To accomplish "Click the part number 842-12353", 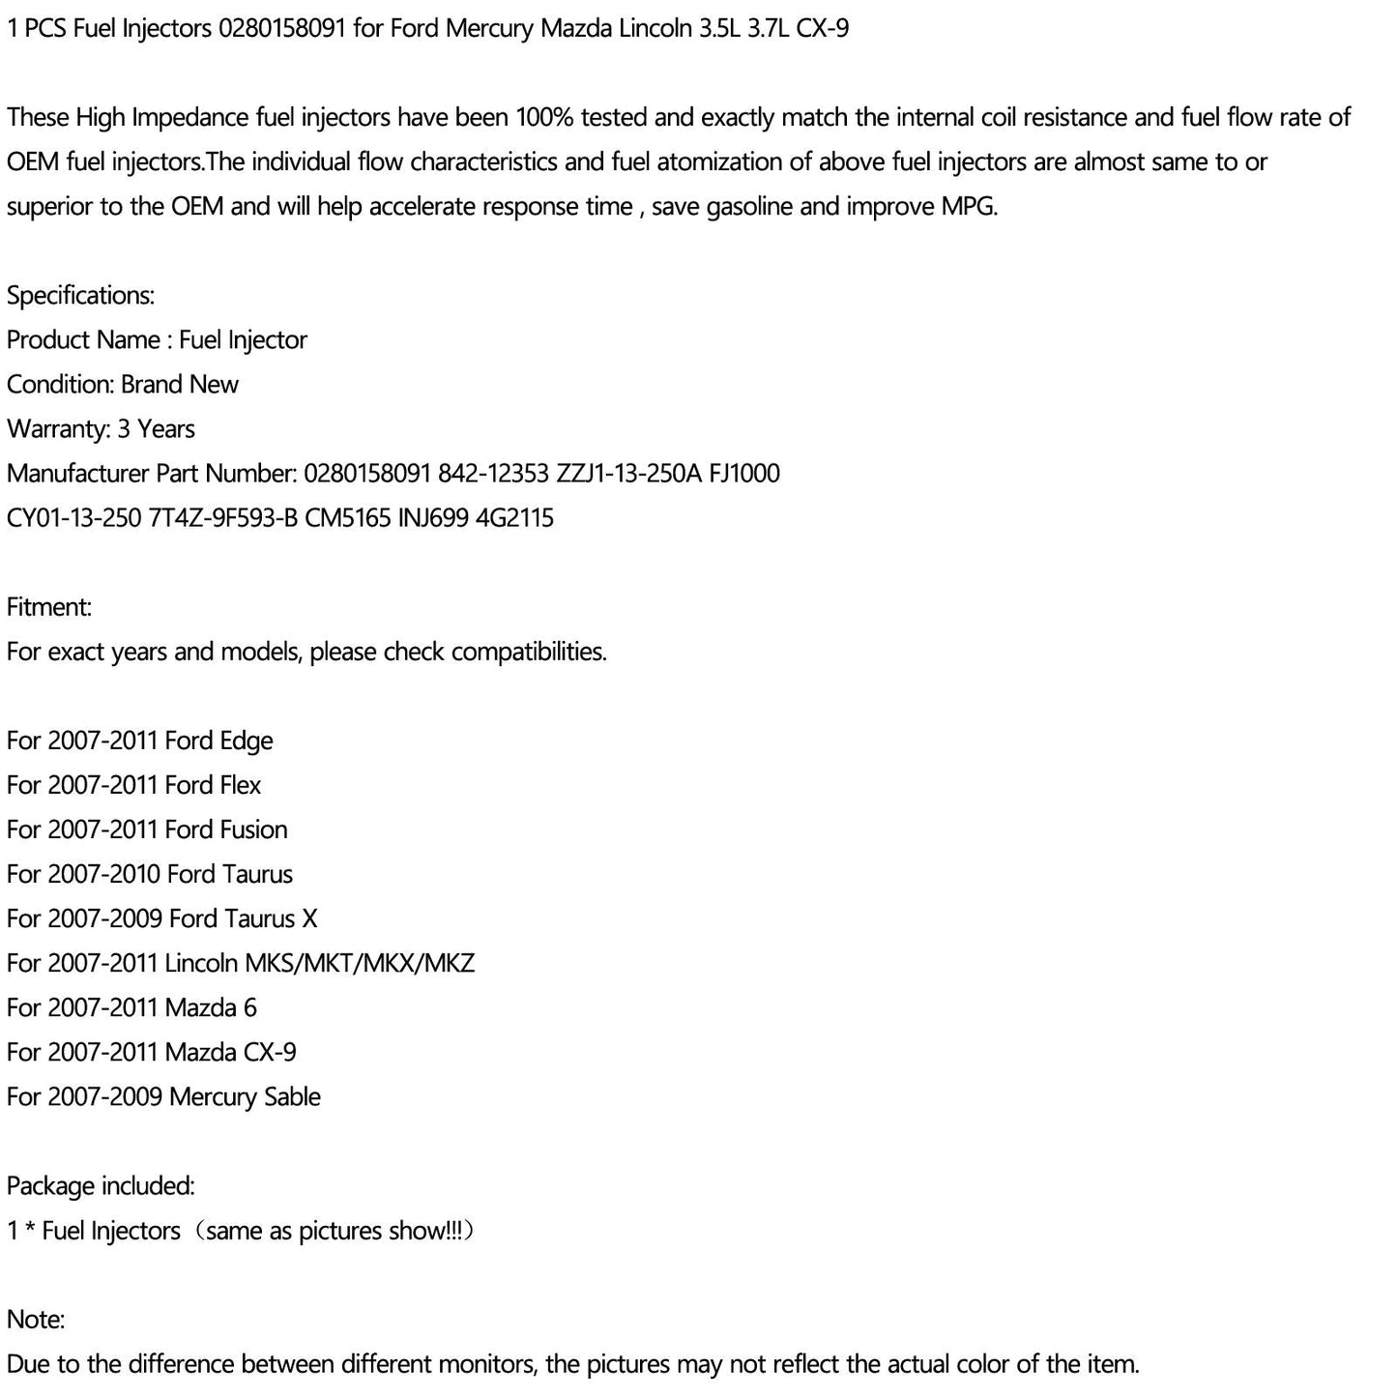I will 492,474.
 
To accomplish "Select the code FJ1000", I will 744,474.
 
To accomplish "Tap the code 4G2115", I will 515,518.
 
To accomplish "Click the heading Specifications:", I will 80,296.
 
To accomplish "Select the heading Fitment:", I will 49,607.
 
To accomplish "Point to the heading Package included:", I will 101,1185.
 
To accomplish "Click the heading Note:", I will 36,1319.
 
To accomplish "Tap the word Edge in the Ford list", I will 247,742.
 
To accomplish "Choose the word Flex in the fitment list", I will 240,785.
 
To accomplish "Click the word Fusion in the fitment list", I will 253,829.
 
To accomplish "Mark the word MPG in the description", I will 968,207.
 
